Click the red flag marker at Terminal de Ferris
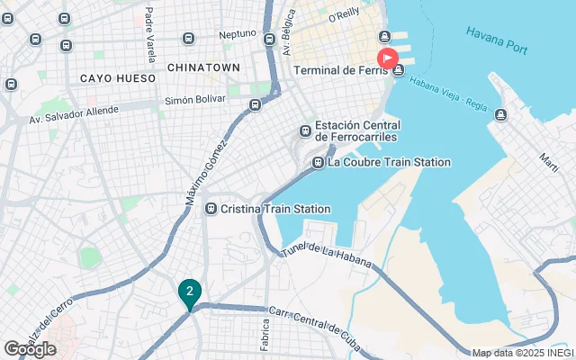[387, 59]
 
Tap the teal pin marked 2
[189, 292]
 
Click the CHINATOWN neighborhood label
[203, 67]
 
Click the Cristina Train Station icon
[211, 209]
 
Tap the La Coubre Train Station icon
[318, 163]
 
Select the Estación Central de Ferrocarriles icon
[305, 131]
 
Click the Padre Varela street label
[149, 27]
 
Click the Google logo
[30, 348]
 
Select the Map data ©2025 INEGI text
[522, 353]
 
